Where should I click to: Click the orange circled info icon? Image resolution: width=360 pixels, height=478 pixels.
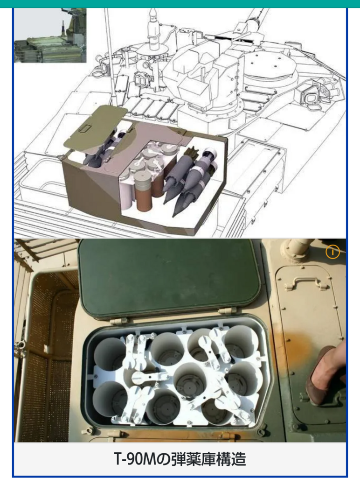(332, 252)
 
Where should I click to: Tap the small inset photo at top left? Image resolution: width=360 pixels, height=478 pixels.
(50, 35)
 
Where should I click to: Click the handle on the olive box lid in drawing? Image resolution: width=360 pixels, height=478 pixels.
(86, 128)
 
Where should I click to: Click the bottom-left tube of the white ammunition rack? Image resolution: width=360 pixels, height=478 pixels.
(110, 400)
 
